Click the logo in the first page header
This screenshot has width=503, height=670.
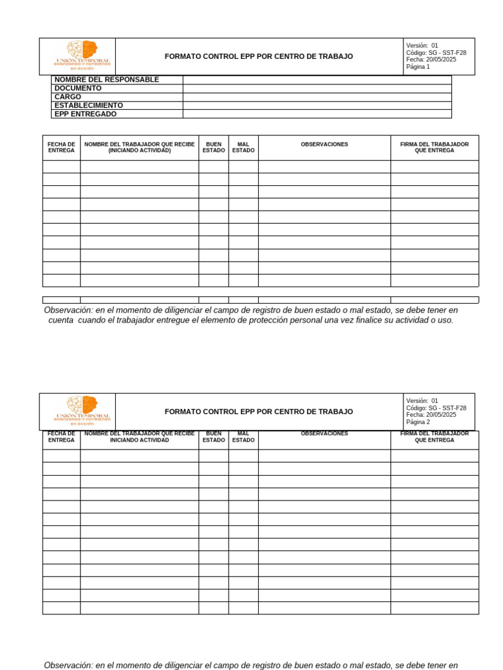point(82,56)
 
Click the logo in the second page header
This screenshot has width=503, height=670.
point(82,411)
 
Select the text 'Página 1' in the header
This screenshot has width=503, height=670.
point(418,67)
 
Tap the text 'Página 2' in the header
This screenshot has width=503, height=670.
point(418,422)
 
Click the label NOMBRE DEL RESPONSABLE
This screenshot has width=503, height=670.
point(107,80)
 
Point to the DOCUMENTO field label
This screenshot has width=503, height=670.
point(78,88)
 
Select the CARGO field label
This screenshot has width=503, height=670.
point(68,97)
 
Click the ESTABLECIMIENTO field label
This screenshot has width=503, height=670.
point(88,105)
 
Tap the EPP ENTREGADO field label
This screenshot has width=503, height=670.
point(85,114)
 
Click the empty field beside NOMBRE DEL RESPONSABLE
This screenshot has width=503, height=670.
point(317,80)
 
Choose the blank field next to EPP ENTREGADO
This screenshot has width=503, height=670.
point(317,114)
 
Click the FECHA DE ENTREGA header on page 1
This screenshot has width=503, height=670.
point(62,147)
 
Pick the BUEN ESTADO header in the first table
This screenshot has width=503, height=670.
point(214,147)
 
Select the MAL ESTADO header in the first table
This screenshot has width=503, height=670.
point(243,147)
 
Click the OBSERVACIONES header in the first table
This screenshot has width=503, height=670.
point(324,145)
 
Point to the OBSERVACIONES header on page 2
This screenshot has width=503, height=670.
point(324,434)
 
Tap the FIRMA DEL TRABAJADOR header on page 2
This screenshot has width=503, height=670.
point(434,437)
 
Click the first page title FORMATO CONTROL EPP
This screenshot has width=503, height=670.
point(259,57)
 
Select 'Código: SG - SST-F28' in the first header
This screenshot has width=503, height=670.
point(436,52)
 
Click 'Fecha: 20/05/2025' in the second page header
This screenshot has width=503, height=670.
point(431,415)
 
